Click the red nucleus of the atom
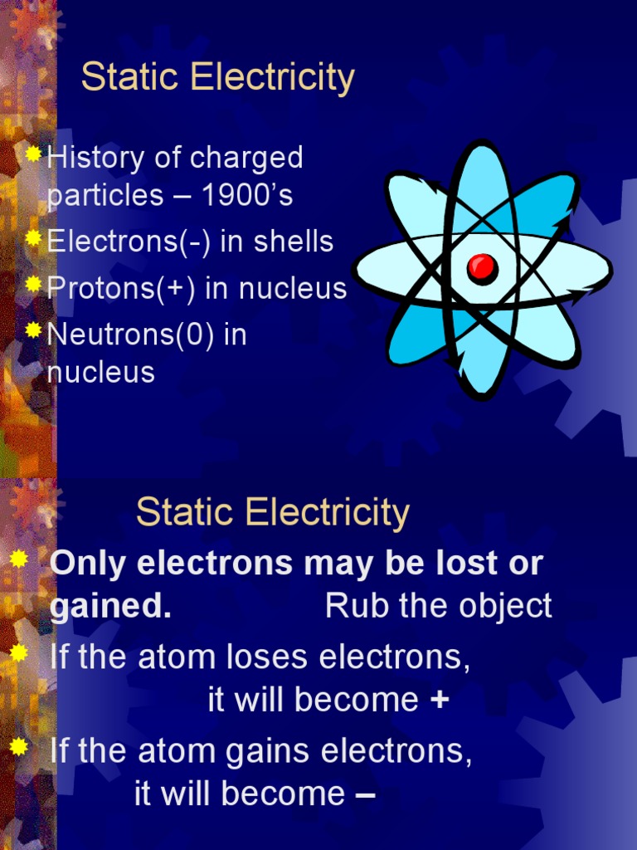[x=481, y=267]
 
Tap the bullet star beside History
[x=33, y=154]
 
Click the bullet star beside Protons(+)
[x=33, y=285]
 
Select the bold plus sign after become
[x=440, y=701]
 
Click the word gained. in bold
[x=110, y=607]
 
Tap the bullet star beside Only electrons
[x=18, y=560]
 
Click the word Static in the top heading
[x=132, y=78]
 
